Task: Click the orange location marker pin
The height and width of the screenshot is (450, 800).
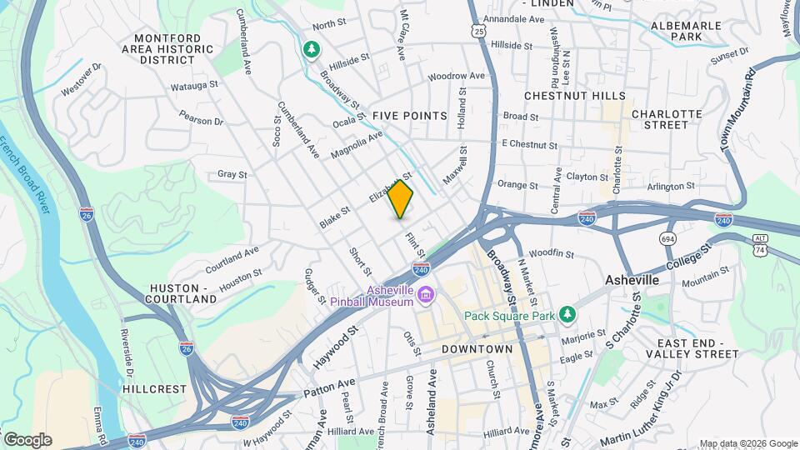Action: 401,200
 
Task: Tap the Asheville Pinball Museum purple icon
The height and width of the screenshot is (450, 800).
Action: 426,294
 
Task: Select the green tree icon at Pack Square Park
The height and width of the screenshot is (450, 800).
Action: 567,314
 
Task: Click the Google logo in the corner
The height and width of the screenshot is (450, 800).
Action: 27,439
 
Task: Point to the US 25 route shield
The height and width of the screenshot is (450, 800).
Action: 477,31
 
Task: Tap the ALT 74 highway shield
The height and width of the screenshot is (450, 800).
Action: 758,243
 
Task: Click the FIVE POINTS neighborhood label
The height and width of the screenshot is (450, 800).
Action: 409,115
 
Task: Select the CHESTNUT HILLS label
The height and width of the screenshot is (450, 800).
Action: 575,96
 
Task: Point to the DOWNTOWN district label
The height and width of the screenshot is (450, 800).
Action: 477,348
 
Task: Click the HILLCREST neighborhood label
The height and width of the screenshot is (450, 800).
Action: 152,388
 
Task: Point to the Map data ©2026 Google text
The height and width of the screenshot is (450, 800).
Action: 747,443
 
